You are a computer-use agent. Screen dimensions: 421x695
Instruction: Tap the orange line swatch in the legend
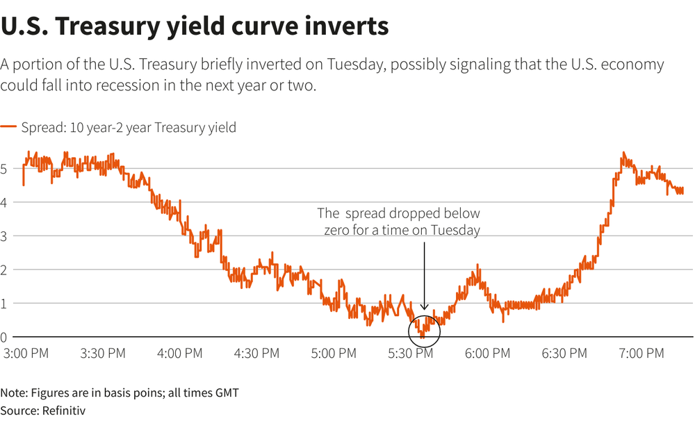pos(8,127)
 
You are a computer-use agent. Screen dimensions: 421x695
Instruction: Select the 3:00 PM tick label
pos(26,354)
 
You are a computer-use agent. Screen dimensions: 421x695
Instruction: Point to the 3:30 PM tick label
pos(103,354)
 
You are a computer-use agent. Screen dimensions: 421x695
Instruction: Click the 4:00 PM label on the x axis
pos(180,354)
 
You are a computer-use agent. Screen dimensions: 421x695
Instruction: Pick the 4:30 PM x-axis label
pos(256,354)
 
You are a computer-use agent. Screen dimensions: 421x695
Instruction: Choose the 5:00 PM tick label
pos(334,354)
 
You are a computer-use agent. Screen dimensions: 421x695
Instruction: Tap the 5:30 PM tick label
pos(410,354)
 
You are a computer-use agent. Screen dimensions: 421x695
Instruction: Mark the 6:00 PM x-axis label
pos(487,354)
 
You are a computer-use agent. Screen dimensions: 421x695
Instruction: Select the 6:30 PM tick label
pos(564,354)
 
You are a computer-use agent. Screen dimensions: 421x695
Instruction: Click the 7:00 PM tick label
pos(641,354)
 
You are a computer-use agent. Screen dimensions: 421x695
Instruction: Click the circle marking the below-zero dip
pos(425,327)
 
